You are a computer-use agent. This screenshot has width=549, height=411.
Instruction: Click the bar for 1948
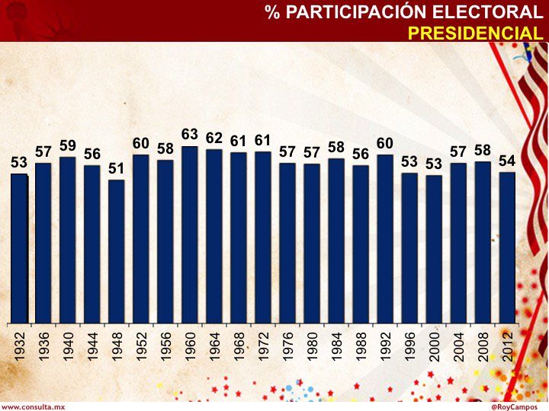click(x=117, y=251)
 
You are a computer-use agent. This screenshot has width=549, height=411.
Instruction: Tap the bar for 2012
click(x=507, y=247)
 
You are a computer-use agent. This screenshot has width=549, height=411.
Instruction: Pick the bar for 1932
click(x=19, y=248)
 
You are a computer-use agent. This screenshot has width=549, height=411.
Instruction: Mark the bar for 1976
click(x=287, y=243)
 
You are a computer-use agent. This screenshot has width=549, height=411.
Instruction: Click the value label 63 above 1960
click(x=190, y=135)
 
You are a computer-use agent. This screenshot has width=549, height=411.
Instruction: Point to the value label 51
click(x=117, y=168)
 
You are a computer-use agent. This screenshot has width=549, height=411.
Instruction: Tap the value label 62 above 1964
click(x=214, y=138)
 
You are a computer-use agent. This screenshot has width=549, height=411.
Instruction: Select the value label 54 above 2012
click(x=507, y=161)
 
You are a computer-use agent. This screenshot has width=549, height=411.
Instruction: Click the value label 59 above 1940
click(x=68, y=145)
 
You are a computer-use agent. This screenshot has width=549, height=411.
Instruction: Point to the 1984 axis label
click(x=336, y=345)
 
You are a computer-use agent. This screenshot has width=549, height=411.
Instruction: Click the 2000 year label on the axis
click(x=434, y=345)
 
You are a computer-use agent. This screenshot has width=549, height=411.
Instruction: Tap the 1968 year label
click(x=239, y=345)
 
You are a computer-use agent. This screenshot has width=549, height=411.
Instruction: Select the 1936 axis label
click(x=43, y=345)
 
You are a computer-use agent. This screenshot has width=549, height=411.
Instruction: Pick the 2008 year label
click(x=483, y=345)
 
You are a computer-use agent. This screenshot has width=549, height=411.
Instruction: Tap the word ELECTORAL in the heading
click(x=496, y=12)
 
